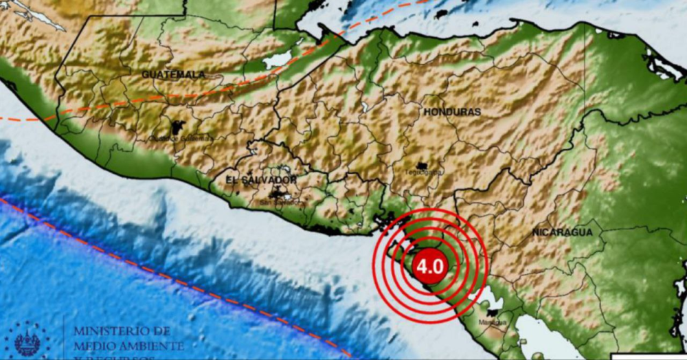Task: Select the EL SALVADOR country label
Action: (261, 180)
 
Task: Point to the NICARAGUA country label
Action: (562, 232)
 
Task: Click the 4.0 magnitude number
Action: (430, 264)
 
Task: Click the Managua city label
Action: (494, 322)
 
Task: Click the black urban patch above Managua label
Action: (493, 313)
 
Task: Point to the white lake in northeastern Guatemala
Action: (278, 60)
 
